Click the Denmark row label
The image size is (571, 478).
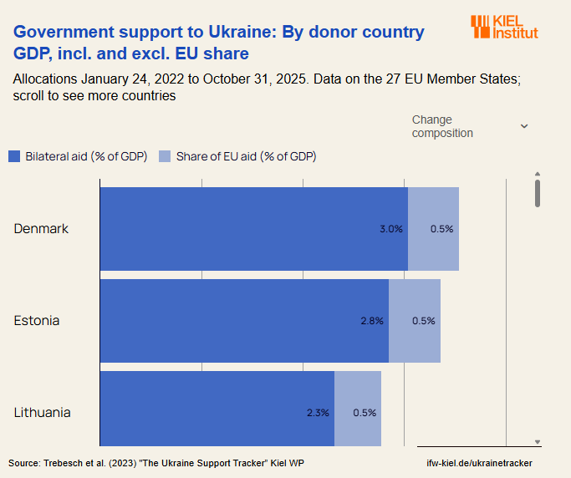(x=41, y=229)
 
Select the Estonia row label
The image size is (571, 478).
(x=37, y=321)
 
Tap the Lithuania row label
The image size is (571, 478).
(x=42, y=413)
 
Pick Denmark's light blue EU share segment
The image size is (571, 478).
(x=434, y=229)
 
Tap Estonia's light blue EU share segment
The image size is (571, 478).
(x=416, y=321)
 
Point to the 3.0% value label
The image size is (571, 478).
(x=391, y=229)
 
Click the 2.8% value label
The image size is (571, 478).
(x=372, y=321)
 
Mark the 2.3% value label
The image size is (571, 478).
(x=318, y=413)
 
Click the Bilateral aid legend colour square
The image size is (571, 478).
(x=14, y=156)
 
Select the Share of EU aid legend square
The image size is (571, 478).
(x=165, y=156)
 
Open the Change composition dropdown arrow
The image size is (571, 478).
(x=524, y=126)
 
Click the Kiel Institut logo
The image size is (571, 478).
(x=504, y=27)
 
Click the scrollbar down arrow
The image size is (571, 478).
(x=538, y=442)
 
